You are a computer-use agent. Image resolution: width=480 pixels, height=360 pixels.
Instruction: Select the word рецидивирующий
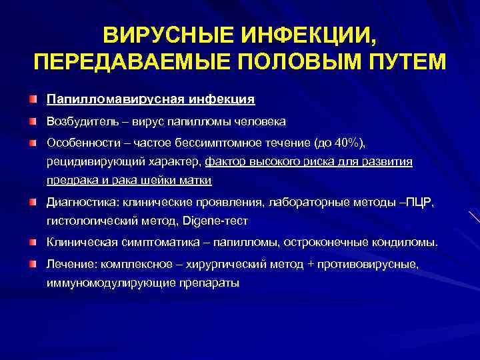pyautogui.click(x=91, y=161)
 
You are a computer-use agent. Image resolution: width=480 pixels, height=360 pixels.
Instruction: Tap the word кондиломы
pyautogui.click(x=405, y=242)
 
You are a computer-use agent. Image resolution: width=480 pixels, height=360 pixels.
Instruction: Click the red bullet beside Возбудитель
pyautogui.click(x=33, y=121)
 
